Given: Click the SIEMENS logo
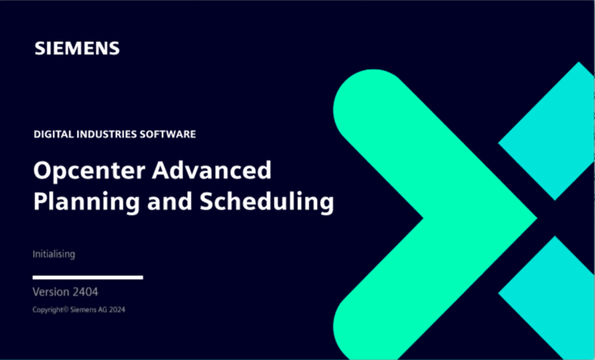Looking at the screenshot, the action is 77,48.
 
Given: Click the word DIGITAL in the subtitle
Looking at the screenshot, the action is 54,134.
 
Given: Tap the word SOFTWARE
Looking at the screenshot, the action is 168,134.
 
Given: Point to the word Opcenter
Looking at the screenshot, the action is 89,171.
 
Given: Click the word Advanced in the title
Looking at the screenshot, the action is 212,170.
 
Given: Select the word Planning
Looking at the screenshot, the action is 87,202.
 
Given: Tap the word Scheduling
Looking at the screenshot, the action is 266,202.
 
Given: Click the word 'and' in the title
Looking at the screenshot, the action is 170,201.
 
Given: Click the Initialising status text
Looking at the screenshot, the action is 54,254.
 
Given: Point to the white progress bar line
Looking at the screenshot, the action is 87,277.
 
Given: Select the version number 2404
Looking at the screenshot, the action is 85,292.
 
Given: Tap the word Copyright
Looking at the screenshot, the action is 48,310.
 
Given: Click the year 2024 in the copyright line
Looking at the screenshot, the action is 117,309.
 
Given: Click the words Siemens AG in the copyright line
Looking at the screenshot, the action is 89,309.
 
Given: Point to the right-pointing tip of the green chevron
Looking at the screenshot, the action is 537,218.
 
